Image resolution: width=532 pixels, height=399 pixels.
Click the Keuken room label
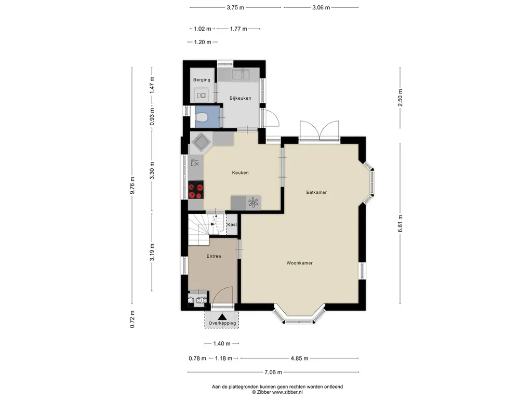coord(240,172)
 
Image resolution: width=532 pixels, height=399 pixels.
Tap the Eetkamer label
coord(316,192)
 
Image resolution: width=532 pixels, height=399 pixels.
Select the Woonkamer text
coord(300,263)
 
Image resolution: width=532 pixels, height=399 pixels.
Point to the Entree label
coord(214,256)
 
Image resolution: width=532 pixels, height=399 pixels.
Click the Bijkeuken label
coord(240,98)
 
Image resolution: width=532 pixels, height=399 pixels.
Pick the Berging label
coord(202,80)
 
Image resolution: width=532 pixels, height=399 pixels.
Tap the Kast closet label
coord(232,224)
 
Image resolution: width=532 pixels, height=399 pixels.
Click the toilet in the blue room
coord(201,117)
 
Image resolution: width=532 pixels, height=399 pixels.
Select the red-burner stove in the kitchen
coord(196,190)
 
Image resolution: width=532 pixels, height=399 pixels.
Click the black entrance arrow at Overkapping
coord(222,317)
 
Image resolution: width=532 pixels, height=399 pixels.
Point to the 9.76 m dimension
coord(132,185)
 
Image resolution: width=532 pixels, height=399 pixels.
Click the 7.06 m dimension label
coord(273,372)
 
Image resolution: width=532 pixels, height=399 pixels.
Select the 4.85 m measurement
coord(300,358)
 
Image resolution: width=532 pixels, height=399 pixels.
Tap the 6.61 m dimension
coord(401,223)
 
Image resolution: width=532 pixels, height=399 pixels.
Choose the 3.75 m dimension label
coord(235,7)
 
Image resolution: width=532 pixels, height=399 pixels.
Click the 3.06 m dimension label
coord(321,7)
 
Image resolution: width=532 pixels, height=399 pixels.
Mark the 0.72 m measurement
coord(132,320)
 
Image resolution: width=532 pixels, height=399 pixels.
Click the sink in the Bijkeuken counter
coord(241,74)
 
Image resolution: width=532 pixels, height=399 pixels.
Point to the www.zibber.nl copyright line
coord(277,392)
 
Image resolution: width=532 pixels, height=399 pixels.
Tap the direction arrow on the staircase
coord(212,223)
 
